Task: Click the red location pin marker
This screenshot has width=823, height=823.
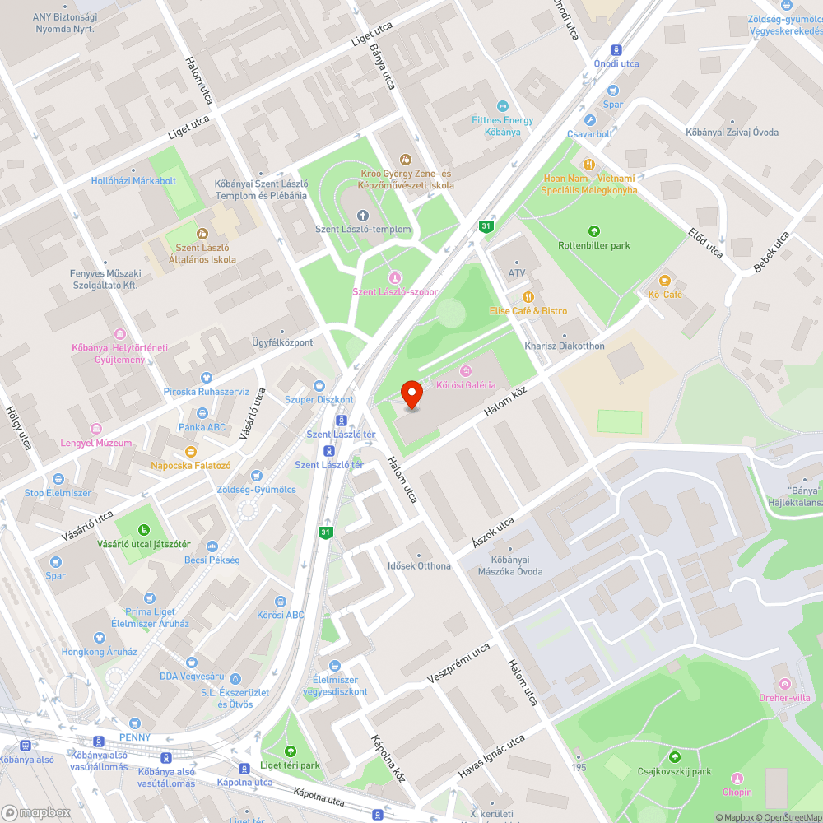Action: point(411,393)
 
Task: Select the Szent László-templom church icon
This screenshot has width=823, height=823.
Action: point(363,215)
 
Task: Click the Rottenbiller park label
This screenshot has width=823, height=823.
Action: point(593,245)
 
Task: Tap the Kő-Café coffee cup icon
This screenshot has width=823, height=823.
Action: point(665,280)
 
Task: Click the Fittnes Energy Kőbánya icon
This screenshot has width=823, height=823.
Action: point(502,105)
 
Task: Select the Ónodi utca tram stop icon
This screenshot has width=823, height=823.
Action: point(616,49)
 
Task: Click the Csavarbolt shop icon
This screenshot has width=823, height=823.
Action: point(590,119)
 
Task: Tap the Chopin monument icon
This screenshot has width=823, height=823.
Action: point(737,778)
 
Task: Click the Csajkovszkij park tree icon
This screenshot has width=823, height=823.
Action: point(675,757)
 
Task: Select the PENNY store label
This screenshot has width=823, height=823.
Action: point(134,737)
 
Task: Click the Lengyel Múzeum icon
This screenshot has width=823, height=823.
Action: point(95,429)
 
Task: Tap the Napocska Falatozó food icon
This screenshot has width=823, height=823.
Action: point(191,451)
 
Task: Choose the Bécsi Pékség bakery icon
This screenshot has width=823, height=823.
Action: point(213,546)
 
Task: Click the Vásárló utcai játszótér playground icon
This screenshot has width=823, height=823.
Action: point(144,530)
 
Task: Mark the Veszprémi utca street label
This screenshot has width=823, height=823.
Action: point(458,663)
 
